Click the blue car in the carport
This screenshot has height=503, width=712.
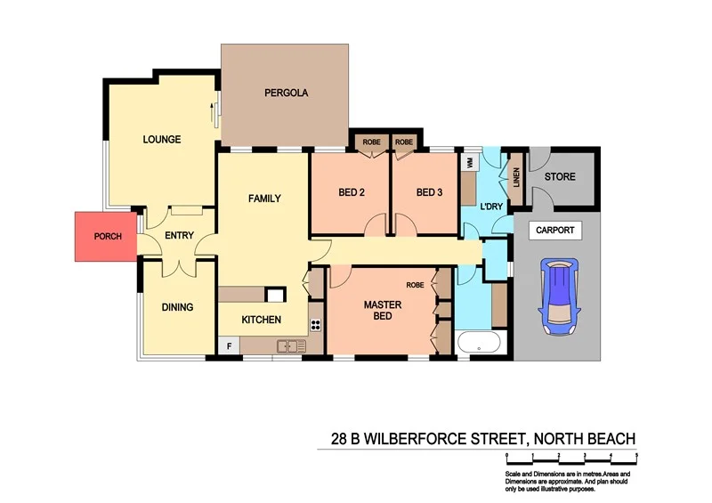click(x=557, y=296)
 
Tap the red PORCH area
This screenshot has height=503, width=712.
click(x=104, y=237)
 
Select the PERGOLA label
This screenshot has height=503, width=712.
click(x=286, y=93)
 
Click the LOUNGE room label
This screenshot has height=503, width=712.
click(x=162, y=140)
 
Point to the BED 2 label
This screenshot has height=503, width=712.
click(x=352, y=192)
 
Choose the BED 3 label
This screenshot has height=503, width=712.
click(x=429, y=192)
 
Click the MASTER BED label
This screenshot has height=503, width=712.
click(x=383, y=311)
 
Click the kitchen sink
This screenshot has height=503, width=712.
click(x=290, y=345)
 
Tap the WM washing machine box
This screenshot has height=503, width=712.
click(x=468, y=163)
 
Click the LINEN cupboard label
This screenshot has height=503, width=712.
click(x=514, y=174)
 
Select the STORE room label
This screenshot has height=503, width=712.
click(x=560, y=176)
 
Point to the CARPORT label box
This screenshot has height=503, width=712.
click(x=555, y=231)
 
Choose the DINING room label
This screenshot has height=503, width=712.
click(x=177, y=307)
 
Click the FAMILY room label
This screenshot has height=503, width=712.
click(x=263, y=199)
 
